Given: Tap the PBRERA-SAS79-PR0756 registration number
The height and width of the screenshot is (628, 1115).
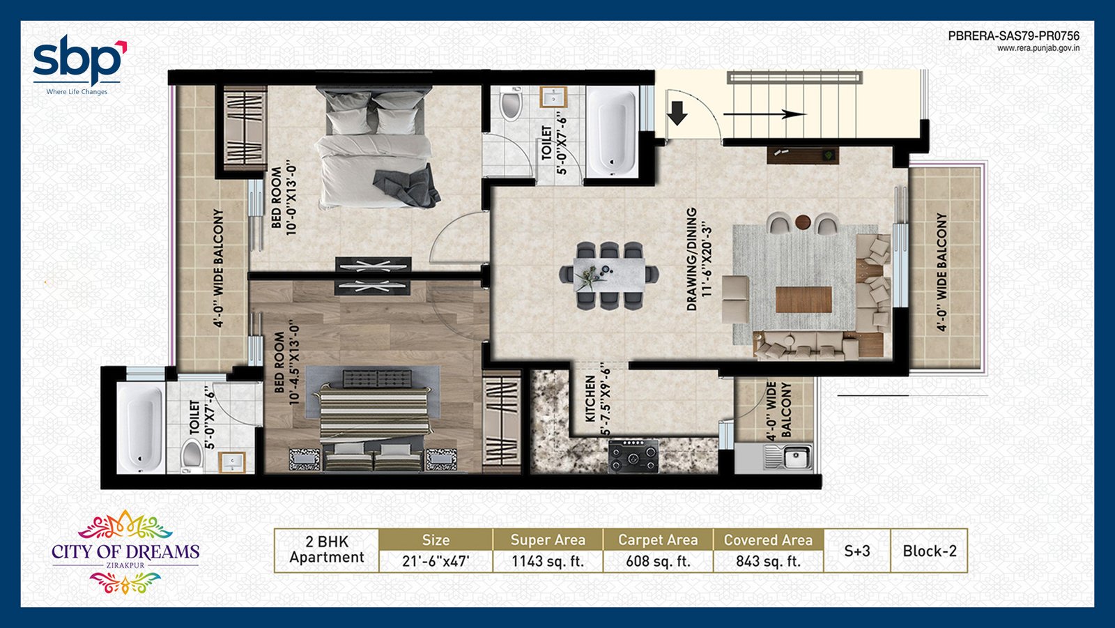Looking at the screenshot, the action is coord(1013,36).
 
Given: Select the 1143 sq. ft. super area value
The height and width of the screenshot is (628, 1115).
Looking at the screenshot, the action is coord(548,561).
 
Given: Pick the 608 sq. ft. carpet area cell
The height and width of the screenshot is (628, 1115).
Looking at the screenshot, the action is coord(658,561).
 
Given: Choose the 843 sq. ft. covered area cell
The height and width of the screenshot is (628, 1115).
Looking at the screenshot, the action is coord(768,561).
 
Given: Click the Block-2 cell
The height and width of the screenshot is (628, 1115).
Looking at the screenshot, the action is coord(930,551).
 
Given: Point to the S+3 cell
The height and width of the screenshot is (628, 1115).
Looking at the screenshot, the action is coord(857,551).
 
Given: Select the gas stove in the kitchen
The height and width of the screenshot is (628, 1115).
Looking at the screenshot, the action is coord(633,456).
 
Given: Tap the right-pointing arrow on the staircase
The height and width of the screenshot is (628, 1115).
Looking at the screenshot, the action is coord(764,114).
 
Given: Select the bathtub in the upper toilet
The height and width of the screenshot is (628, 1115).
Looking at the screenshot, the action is coord(612,132).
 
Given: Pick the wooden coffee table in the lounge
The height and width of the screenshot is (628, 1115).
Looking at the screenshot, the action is coord(803,299).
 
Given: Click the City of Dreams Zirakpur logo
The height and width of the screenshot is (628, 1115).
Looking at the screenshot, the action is coord(125,552).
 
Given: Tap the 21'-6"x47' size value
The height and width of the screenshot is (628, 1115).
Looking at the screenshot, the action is coord(436,561).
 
